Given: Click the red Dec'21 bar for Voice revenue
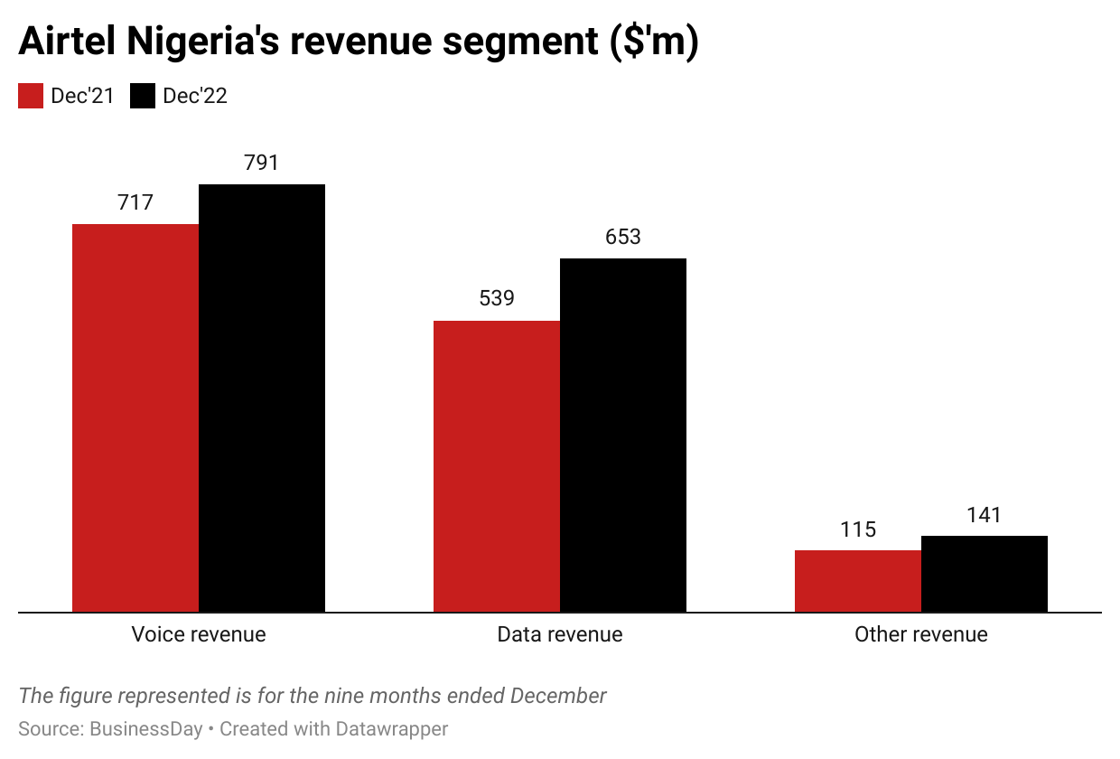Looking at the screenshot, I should (135, 417).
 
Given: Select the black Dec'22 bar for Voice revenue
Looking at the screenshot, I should (262, 398).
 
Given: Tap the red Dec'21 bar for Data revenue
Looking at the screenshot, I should (497, 466).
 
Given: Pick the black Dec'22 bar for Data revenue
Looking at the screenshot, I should (623, 435).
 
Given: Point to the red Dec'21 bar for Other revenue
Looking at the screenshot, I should (858, 581).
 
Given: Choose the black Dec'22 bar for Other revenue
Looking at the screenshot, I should (985, 574).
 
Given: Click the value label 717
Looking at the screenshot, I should (135, 202).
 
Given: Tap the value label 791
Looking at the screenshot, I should (262, 163).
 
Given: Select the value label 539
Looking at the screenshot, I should (497, 298).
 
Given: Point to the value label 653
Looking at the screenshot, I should (623, 237).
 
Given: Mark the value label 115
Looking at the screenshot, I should (858, 529).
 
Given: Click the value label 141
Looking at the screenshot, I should (985, 515).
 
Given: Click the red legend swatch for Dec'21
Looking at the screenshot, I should (31, 96).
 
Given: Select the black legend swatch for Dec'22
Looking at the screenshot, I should (143, 96).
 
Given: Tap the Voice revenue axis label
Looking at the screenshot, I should (199, 634).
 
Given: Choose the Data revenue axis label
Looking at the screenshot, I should (560, 634).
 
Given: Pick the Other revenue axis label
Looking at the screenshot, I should (921, 634).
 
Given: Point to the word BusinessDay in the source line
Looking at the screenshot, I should (146, 728).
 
